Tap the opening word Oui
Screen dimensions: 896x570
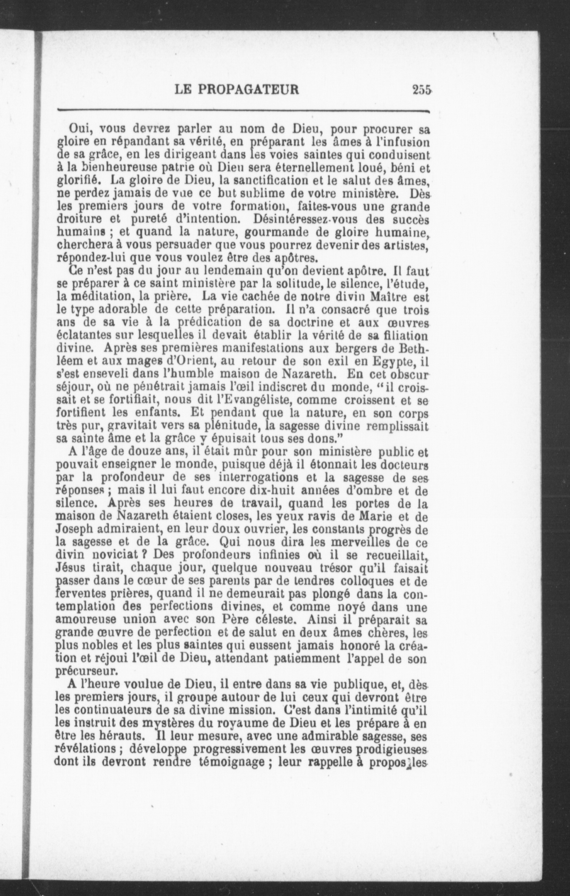point(78,129)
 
